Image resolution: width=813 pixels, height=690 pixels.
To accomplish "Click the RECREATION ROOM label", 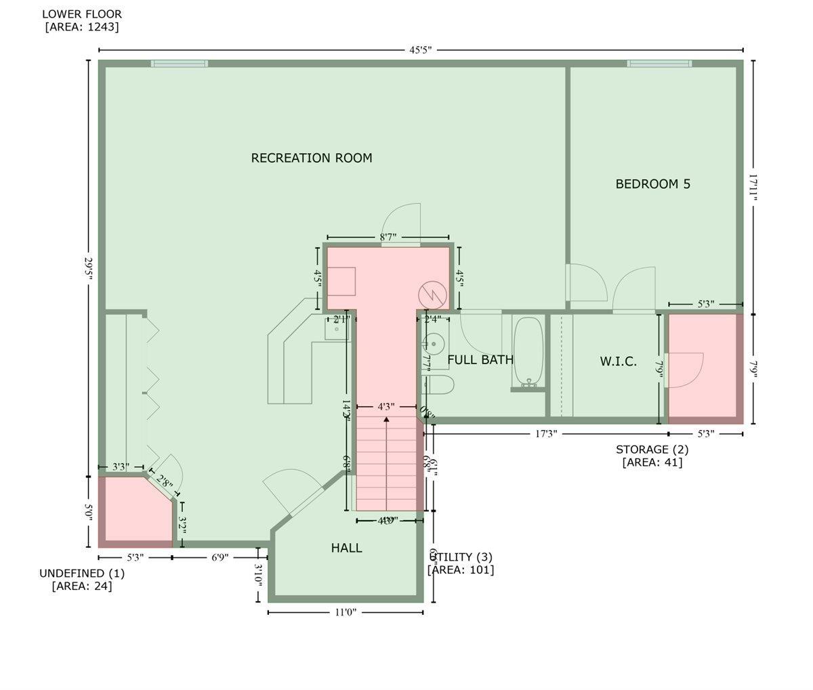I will [312, 158].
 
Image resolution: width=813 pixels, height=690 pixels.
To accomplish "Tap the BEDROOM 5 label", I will [652, 184].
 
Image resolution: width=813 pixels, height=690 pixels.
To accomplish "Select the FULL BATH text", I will [480, 360].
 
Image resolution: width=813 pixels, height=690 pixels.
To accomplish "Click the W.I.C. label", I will [618, 362].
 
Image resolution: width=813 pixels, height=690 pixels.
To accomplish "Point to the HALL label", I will [346, 548].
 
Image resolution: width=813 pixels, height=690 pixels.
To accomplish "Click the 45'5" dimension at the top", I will [420, 50].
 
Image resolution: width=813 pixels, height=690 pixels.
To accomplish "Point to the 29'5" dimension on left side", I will [88, 271].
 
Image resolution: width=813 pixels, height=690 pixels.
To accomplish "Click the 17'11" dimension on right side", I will [753, 186].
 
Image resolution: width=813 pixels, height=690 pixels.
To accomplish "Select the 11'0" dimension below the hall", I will [345, 612].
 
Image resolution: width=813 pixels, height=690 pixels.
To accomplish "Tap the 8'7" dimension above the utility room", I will [388, 237].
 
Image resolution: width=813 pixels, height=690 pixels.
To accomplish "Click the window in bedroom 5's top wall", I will [659, 64].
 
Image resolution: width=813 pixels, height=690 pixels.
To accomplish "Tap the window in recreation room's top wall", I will [179, 64].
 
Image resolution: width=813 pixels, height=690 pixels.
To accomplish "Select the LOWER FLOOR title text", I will [82, 14].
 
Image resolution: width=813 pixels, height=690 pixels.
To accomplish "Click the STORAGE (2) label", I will [652, 449].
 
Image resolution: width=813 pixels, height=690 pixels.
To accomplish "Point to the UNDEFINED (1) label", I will [82, 573].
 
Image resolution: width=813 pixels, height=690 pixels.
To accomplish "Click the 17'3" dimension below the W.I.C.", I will [546, 433].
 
